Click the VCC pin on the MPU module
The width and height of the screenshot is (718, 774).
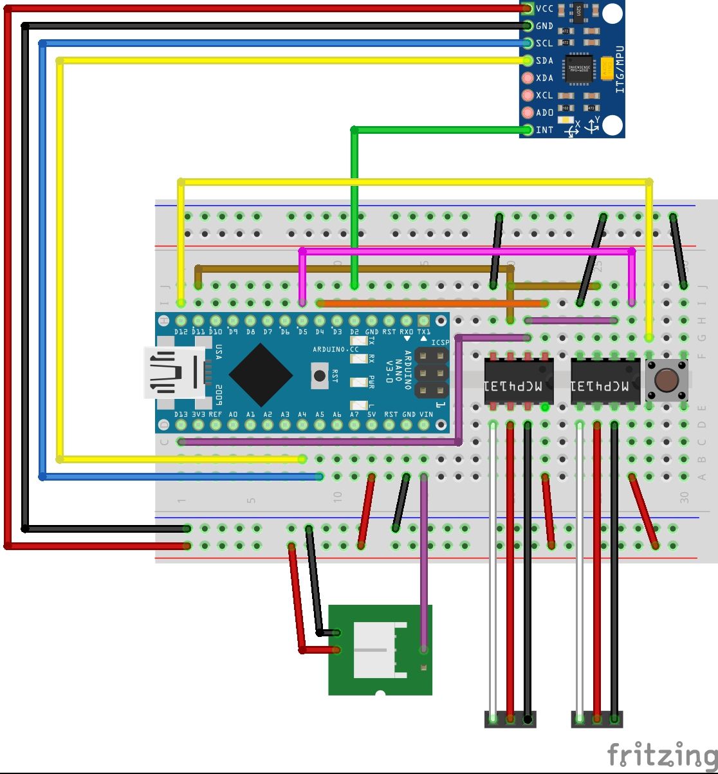(528, 9)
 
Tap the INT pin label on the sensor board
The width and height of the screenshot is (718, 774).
(544, 130)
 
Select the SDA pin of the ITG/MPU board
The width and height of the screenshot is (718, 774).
(528, 61)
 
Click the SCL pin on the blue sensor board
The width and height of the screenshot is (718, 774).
(528, 44)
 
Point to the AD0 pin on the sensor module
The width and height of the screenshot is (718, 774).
(528, 113)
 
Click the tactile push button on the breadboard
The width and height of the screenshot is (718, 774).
(667, 380)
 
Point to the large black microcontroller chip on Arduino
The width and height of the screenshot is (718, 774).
(261, 374)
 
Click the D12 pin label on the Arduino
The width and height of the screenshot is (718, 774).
(181, 332)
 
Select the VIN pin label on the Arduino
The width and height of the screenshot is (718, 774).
(425, 415)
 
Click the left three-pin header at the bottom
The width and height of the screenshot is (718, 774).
(510, 719)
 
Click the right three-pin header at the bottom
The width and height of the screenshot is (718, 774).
(597, 719)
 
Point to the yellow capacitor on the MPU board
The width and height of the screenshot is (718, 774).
(607, 67)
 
